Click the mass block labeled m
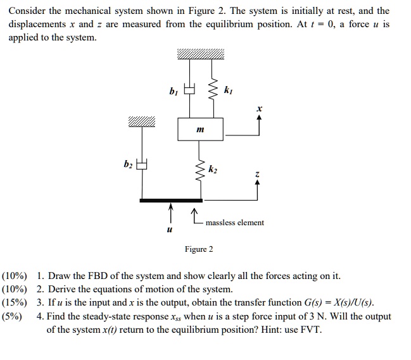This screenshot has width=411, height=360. point(201,129)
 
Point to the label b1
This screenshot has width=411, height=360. point(174,92)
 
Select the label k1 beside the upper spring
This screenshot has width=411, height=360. point(229,92)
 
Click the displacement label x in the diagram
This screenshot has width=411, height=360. point(258,109)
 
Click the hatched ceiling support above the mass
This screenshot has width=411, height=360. point(201,56)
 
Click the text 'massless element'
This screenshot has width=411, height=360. point(235,223)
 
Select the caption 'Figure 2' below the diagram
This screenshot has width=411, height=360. point(199,249)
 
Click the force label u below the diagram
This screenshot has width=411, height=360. point(169,231)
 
